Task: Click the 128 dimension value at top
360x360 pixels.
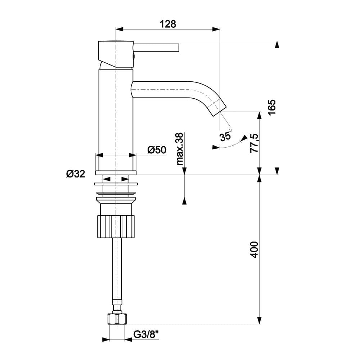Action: tap(168, 24)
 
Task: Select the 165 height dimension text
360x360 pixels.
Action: tap(271, 107)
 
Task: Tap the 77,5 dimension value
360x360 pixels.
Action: tap(254, 143)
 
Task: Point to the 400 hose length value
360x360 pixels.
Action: tap(254, 249)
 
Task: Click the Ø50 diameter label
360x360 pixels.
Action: tap(157, 150)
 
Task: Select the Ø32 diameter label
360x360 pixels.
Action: tap(76, 174)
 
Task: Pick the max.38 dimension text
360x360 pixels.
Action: tap(180, 148)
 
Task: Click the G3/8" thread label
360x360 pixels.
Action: tap(146, 335)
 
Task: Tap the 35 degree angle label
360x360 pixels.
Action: tap(225, 136)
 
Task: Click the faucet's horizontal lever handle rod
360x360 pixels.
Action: tap(156, 48)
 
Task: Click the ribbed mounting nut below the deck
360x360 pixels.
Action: tap(116, 226)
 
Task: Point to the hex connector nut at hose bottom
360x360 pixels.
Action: tap(117, 319)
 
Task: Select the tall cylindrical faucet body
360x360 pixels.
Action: tap(116, 119)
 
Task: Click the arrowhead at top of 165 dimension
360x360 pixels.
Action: tap(276, 45)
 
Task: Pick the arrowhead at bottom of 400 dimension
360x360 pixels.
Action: tap(259, 320)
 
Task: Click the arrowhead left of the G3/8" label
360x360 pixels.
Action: tap(106, 339)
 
